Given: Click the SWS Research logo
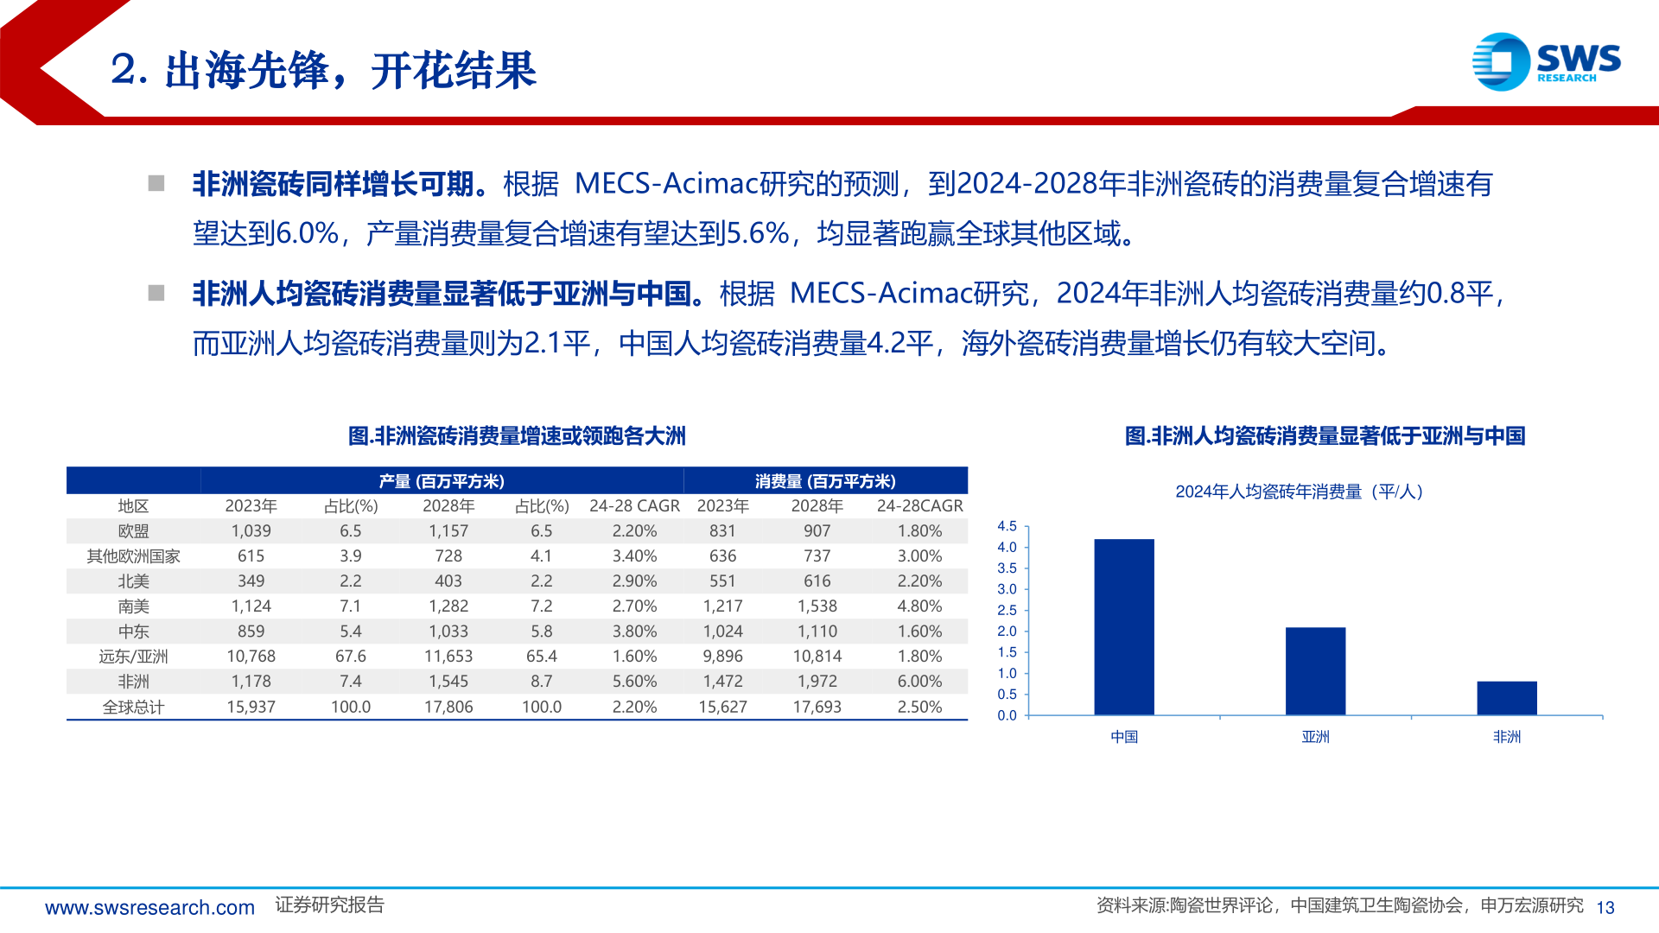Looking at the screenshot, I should [1546, 61].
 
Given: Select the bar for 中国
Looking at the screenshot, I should [1123, 626].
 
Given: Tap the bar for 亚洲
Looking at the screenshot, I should [1315, 670].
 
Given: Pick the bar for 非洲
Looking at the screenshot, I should [1506, 698].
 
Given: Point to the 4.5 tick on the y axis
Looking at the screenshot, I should [1007, 526].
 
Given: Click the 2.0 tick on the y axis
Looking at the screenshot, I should [1007, 632].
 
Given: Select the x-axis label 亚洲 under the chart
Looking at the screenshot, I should [1315, 737].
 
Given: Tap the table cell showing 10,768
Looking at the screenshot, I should [251, 657].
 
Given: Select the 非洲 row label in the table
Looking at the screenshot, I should [133, 682].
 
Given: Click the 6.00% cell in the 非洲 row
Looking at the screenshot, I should [919, 682].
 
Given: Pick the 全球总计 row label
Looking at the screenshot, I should [133, 707].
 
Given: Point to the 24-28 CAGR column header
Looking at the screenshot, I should [634, 506].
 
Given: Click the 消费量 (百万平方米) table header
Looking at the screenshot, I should [825, 481].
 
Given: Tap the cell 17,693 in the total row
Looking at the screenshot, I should [817, 707].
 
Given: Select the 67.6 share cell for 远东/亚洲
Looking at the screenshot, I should [350, 657].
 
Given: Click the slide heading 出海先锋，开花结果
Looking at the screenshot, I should [350, 71].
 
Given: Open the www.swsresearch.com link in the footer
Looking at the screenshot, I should [149, 907].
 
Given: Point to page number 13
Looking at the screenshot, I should [1605, 907].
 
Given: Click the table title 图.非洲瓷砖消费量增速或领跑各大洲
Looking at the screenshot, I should [517, 436].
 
